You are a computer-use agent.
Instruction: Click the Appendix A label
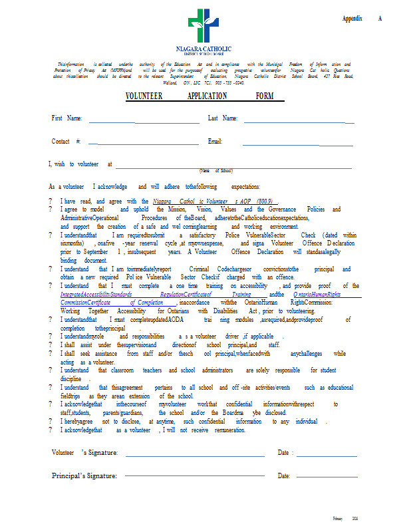click(x=362, y=19)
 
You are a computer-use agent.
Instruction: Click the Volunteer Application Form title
click(x=204, y=96)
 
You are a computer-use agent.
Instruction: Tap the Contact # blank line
click(x=143, y=144)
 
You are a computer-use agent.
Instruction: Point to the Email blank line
click(x=297, y=144)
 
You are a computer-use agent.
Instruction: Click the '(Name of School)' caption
click(x=215, y=172)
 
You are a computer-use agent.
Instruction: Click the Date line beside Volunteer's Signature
click(x=327, y=456)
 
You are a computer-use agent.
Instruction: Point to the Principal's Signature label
click(x=84, y=475)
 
